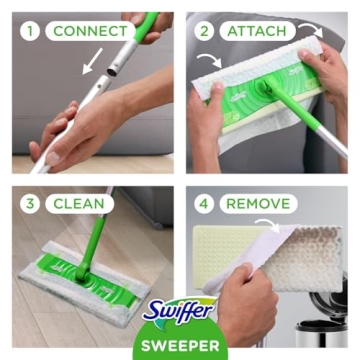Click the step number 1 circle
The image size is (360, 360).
click(30, 30)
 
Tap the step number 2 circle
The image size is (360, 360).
click(204, 30)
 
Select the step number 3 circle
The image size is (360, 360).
click(30, 203)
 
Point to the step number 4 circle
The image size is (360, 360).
click(204, 203)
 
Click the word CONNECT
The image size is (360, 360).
click(90, 30)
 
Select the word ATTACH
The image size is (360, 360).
click(257, 30)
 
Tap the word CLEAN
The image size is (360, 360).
click(77, 203)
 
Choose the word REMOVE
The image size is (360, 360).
click(257, 203)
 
